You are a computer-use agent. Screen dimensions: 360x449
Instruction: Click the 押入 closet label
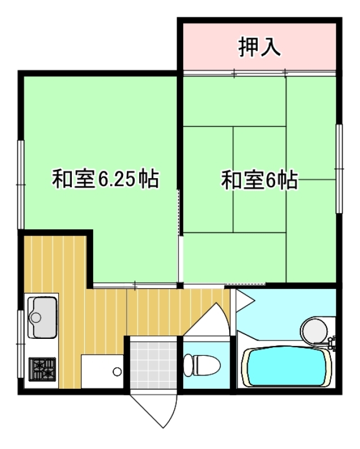click(259, 47)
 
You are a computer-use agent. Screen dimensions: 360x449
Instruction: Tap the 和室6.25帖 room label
click(106, 179)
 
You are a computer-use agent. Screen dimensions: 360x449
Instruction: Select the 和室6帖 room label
click(259, 180)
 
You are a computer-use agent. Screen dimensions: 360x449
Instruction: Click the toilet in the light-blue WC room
click(202, 365)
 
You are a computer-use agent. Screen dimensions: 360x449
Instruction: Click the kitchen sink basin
click(42, 318)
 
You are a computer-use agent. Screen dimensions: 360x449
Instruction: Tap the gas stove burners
click(42, 369)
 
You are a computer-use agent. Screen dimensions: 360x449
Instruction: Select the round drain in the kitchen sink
click(36, 318)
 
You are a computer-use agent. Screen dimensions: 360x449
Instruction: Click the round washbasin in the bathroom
click(313, 330)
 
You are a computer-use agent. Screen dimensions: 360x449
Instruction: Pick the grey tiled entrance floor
click(153, 365)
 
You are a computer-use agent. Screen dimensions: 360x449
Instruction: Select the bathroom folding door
click(243, 301)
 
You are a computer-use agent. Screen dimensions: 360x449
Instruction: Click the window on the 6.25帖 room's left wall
click(21, 185)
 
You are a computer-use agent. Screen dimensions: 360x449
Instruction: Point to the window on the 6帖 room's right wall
click(339, 169)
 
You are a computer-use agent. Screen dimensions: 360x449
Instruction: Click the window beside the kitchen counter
click(20, 343)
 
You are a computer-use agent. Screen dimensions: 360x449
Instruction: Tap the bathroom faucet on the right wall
click(332, 342)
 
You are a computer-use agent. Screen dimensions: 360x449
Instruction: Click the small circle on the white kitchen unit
click(117, 371)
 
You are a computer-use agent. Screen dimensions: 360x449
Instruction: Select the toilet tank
click(188, 365)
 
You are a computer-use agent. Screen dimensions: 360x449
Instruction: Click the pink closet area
click(259, 47)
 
